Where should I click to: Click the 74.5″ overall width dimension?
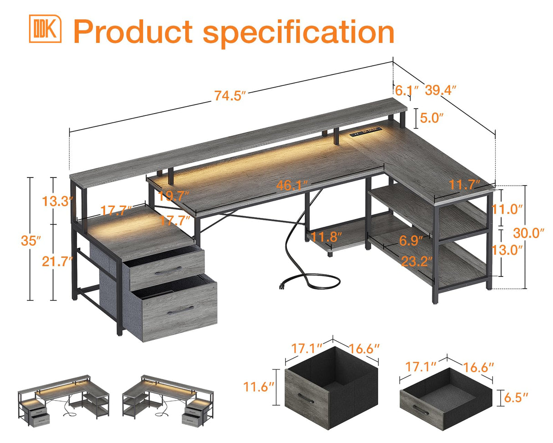point(230,96)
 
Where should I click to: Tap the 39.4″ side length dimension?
point(440,90)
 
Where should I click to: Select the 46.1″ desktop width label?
point(292,186)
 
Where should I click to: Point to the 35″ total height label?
point(31,240)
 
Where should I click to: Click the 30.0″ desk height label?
point(529,233)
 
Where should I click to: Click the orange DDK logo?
point(45,29)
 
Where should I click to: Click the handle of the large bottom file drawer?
point(178,310)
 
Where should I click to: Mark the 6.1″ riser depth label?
point(403,90)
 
